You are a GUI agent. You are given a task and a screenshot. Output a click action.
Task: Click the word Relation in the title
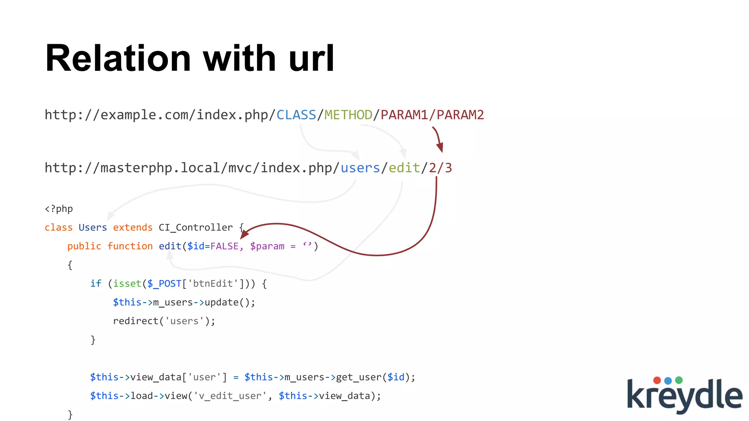point(118,58)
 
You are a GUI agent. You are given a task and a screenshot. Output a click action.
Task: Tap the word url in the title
point(311,58)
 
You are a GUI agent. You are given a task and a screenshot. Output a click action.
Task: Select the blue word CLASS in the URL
point(296,115)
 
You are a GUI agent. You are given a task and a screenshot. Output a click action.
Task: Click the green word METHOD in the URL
point(348,115)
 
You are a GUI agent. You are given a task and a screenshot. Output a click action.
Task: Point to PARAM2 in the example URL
point(460,115)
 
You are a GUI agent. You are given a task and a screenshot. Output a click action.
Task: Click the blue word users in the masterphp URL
point(360,168)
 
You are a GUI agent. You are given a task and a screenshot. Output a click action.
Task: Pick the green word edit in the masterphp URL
point(404,168)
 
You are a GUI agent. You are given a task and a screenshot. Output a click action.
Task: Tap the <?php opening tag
point(59,209)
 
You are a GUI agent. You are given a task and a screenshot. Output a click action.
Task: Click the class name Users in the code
point(93,228)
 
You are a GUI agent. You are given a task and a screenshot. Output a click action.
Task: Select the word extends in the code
point(132,228)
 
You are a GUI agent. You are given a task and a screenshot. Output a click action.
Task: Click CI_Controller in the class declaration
point(196,228)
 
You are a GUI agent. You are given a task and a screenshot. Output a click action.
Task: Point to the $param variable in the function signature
point(267,246)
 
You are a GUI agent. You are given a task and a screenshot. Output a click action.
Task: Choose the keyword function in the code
point(130,246)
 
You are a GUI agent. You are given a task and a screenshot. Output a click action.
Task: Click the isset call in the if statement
point(127,284)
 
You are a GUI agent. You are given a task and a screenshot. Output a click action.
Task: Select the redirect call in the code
point(135,321)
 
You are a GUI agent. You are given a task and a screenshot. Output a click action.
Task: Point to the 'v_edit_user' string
point(230,396)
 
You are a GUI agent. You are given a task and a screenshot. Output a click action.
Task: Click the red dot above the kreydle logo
point(657,380)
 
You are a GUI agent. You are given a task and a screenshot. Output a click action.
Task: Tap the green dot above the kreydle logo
point(679,380)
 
